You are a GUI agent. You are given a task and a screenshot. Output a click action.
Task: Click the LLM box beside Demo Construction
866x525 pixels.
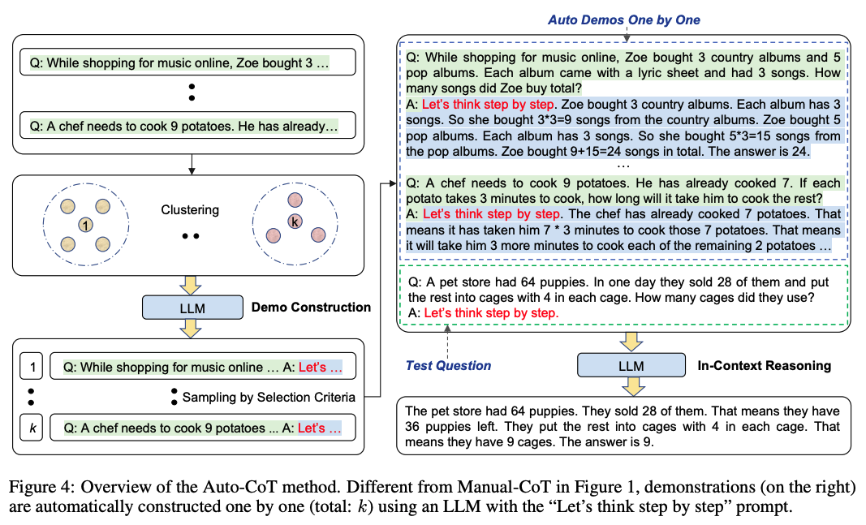point(192,308)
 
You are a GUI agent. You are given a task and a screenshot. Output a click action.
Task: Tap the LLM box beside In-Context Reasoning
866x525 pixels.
point(631,366)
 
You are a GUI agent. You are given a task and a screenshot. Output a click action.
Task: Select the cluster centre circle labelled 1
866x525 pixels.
point(85,224)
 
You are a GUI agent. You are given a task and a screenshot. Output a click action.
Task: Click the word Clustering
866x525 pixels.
point(189,209)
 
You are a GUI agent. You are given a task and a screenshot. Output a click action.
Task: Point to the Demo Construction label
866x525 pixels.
point(311,308)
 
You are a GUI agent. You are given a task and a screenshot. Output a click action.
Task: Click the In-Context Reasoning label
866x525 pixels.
point(764,366)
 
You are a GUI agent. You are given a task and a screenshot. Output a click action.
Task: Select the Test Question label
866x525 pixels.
point(448,366)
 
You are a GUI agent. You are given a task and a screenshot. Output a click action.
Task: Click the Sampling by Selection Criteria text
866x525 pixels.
point(269,398)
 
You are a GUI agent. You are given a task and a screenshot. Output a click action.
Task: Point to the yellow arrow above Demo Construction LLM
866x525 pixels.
point(192,283)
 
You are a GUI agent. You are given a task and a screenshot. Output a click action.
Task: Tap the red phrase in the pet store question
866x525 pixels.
point(492,312)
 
